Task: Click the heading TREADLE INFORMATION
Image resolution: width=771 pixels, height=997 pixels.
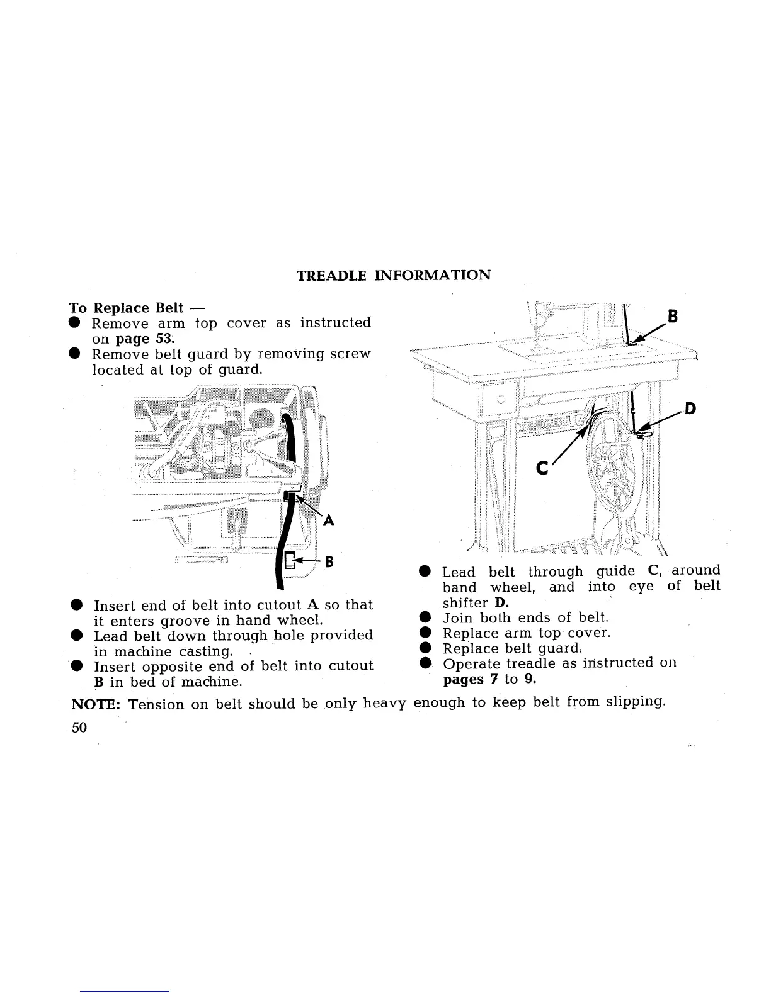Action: pos(393,276)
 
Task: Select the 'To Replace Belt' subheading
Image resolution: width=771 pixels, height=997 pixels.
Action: pos(126,308)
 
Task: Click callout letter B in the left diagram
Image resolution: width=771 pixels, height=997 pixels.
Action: pos(328,561)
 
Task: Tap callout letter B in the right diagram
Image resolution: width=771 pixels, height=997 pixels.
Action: pos(673,317)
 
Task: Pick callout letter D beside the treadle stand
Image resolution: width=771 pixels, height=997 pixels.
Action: pos(690,409)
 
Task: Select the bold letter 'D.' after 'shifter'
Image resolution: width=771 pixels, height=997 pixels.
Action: pos(502,602)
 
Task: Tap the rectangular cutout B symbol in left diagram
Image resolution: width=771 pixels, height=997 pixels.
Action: pos(289,560)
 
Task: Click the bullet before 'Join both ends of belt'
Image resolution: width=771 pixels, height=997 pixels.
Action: pos(426,618)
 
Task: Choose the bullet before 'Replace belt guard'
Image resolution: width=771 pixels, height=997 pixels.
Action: pos(426,649)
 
